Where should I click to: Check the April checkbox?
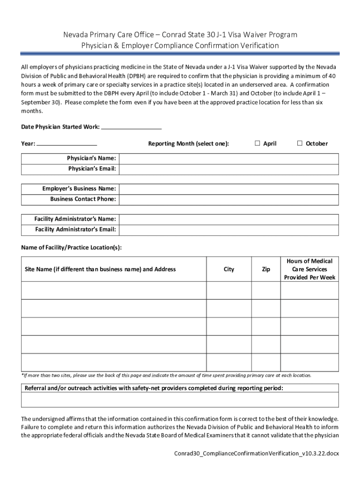click(x=257, y=143)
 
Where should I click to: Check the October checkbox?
click(x=300, y=143)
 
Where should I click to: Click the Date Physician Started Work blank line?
click(x=131, y=126)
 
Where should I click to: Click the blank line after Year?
click(x=66, y=143)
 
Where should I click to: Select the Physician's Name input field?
click(x=229, y=158)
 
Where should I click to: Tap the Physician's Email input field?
click(x=229, y=168)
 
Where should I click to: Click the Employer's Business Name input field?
click(x=229, y=189)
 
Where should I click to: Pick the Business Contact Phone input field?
click(x=229, y=199)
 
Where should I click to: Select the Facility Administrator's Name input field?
click(x=229, y=219)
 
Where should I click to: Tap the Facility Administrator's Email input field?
click(x=229, y=229)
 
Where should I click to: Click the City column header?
click(x=229, y=269)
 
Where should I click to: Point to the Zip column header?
click(x=266, y=269)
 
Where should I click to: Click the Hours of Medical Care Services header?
click(x=309, y=269)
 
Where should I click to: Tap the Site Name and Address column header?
click(x=101, y=269)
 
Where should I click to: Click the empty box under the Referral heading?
click(x=180, y=400)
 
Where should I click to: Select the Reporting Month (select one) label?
click(x=188, y=144)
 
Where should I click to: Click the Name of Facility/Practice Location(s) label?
click(x=72, y=247)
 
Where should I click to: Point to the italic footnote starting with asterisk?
click(x=166, y=375)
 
